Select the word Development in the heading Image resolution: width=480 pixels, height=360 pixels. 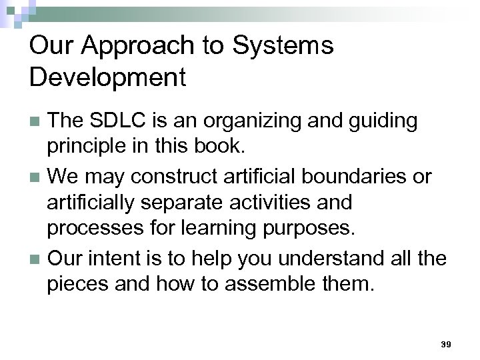tap(107, 78)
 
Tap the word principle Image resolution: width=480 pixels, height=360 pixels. tap(85, 145)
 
